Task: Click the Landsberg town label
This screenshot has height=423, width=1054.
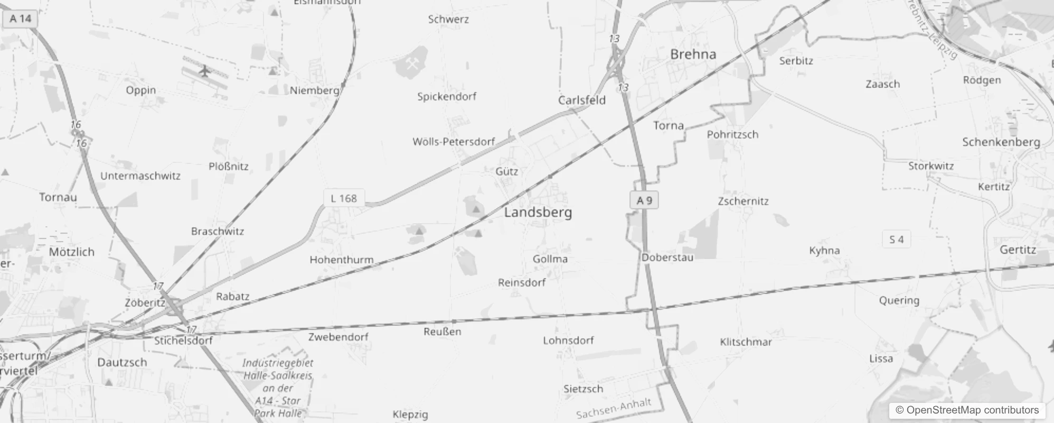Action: (538, 213)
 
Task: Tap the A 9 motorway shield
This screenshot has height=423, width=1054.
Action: (644, 200)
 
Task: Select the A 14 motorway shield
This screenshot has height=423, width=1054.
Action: (21, 19)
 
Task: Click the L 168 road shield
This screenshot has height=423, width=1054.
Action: (343, 198)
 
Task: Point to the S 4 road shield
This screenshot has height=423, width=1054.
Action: (896, 240)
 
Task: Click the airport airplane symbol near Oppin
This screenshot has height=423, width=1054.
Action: (204, 70)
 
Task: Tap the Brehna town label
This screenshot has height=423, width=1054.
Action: (693, 54)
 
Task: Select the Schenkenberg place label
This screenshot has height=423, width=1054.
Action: (1001, 142)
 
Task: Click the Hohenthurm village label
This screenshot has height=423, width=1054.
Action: (341, 260)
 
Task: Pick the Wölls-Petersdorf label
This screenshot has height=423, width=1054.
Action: (454, 142)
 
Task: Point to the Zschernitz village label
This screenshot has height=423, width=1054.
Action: (743, 201)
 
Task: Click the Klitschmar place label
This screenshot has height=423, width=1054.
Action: (746, 342)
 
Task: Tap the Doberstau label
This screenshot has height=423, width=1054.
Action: (667, 258)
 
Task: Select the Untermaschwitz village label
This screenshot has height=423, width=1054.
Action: (140, 176)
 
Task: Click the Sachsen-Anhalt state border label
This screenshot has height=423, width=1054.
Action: (613, 408)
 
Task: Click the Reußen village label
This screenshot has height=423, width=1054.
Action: (442, 332)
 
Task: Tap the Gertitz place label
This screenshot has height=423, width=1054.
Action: (1018, 250)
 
